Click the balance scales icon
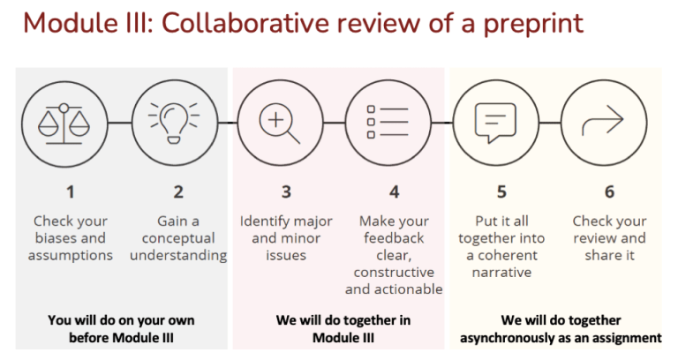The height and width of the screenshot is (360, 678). (64, 124)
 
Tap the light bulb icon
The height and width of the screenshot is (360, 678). (174, 124)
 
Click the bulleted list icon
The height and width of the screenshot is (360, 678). (387, 122)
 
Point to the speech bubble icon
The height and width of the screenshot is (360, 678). (495, 123)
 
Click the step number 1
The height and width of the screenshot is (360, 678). (70, 191)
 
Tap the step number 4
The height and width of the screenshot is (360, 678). (394, 191)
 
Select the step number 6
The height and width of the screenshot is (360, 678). (609, 191)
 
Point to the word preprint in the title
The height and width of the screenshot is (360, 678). (533, 24)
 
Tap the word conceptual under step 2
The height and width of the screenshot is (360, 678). (178, 239)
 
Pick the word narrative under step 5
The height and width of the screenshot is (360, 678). (501, 273)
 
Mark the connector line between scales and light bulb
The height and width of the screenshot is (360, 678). (119, 124)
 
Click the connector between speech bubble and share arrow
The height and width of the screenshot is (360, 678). (550, 124)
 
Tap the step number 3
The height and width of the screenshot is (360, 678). (286, 191)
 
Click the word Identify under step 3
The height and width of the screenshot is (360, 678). (261, 221)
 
